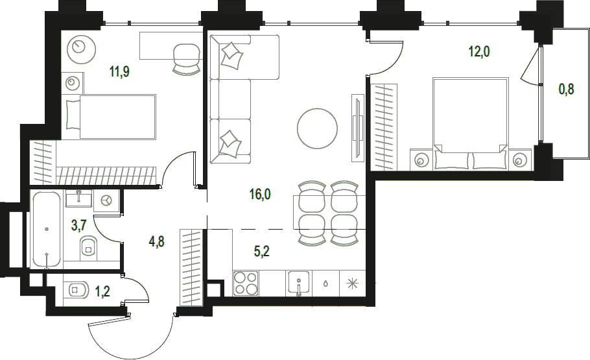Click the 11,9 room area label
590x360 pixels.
tap(120, 71)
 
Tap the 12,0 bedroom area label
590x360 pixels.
tap(479, 51)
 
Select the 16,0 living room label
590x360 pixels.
tap(260, 195)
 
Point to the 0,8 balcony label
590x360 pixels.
tap(566, 90)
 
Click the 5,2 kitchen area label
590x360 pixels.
tap(261, 251)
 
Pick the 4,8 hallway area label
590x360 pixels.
tap(157, 241)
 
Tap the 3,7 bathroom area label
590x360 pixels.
tap(79, 226)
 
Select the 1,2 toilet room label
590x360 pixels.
tap(102, 291)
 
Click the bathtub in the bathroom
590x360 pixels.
tap(47, 229)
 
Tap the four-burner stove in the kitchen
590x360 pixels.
tap(245, 283)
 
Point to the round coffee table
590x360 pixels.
tap(317, 128)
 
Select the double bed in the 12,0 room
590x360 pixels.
tap(470, 123)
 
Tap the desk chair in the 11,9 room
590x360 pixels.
tap(187, 59)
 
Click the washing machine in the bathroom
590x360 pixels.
tap(106, 200)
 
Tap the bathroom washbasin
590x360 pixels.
tap(78, 198)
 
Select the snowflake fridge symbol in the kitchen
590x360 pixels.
tap(353, 283)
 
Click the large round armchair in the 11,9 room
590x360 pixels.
tap(81, 49)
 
